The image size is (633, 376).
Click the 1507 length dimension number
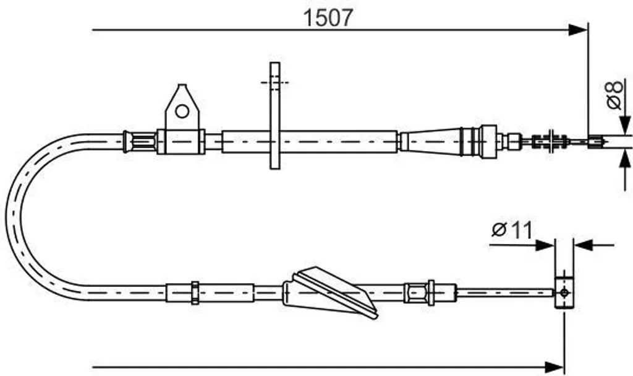[x=328, y=17]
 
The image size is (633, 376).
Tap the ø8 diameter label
[x=615, y=95]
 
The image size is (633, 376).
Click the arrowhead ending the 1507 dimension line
[x=578, y=30]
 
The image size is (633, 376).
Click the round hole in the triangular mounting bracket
[x=182, y=111]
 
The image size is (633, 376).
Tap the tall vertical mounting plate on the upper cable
[x=275, y=115]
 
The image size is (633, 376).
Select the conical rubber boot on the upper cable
[x=431, y=141]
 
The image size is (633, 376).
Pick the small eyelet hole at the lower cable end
[x=564, y=292]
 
